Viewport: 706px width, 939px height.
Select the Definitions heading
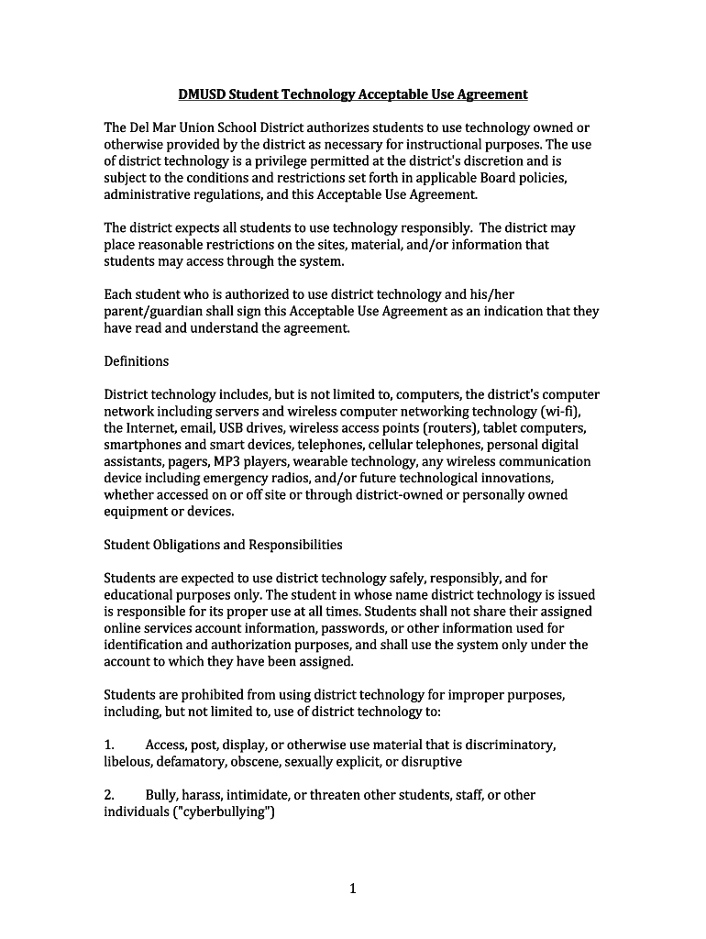pyautogui.click(x=137, y=361)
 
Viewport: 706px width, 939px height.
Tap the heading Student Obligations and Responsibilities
pyautogui.click(x=223, y=545)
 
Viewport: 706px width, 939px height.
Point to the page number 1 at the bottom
pyautogui.click(x=353, y=889)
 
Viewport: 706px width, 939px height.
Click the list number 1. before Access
pyautogui.click(x=109, y=746)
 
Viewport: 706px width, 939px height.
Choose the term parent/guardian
pyautogui.click(x=150, y=311)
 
